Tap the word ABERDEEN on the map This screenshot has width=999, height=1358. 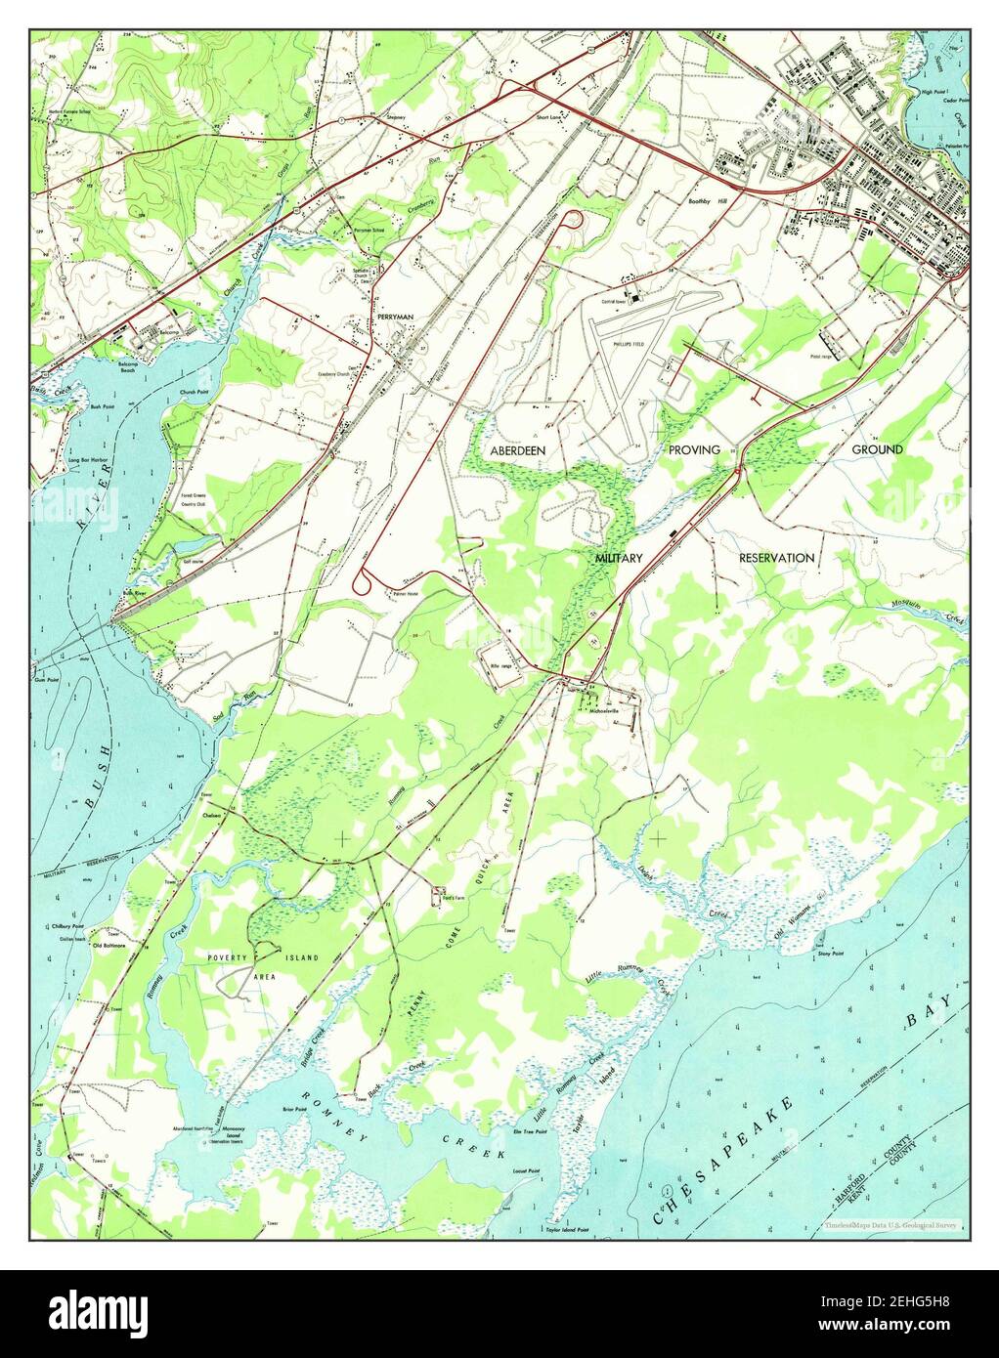[x=518, y=449]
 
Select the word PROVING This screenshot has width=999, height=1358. [x=694, y=449]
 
